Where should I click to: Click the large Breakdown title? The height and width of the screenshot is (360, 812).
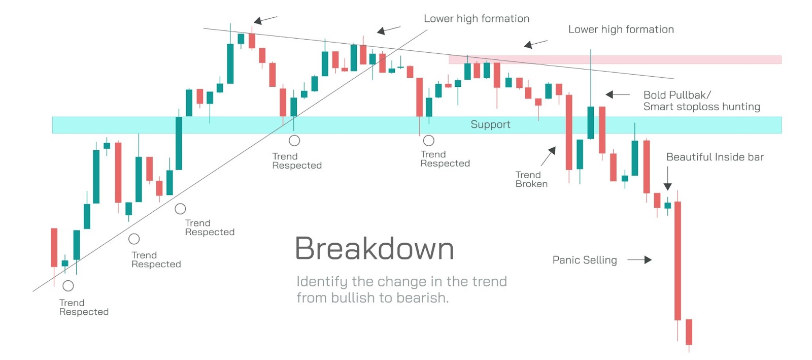pos(375,249)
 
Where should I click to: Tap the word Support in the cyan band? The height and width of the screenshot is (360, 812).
pos(490,124)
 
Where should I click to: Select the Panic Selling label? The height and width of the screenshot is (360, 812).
pos(585,260)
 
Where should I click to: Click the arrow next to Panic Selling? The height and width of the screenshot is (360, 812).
pos(639,260)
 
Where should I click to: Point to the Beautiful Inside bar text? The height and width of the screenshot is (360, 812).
pos(715,157)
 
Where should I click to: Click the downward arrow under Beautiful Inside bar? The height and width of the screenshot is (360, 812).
pos(668,178)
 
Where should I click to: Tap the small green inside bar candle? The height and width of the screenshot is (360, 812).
pos(668,206)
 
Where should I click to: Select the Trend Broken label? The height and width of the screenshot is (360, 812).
pos(531,179)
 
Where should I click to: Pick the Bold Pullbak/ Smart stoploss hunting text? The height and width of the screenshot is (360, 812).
pos(702,101)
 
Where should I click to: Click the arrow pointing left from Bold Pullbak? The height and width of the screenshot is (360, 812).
pos(618,94)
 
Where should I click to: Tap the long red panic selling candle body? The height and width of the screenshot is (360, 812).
pos(678,260)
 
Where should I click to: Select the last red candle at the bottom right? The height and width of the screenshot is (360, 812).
pos(689,332)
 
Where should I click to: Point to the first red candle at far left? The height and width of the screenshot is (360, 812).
pos(54,248)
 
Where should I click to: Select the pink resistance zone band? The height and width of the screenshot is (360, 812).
pos(615,59)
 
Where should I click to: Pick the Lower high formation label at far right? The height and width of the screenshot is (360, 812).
pos(621,29)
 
